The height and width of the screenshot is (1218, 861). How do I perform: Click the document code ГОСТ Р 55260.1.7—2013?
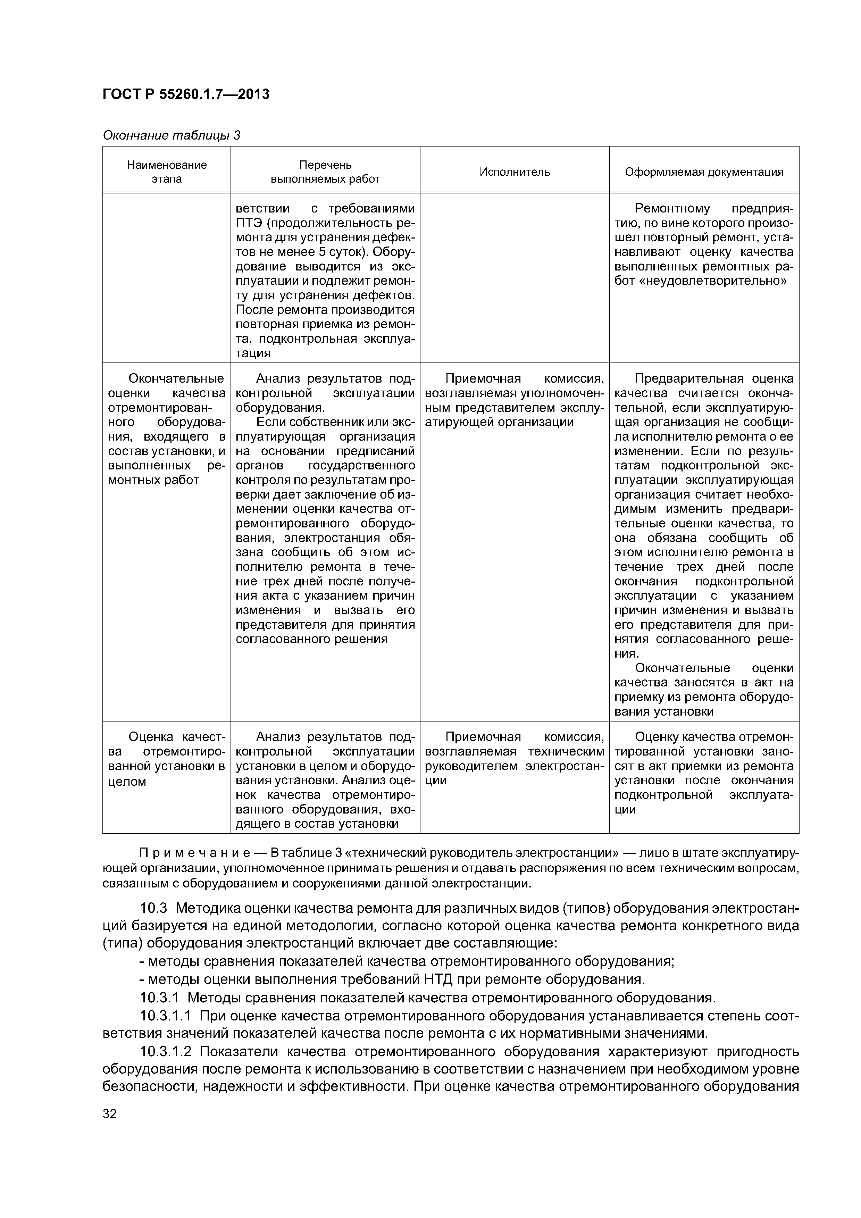(186, 94)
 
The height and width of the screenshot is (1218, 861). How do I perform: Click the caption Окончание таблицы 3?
(172, 136)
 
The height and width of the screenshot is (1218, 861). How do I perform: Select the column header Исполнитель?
(515, 172)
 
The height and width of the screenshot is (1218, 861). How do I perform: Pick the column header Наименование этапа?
(167, 172)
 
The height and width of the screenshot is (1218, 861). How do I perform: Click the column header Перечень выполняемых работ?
(325, 172)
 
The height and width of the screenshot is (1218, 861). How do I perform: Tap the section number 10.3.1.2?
(168, 1051)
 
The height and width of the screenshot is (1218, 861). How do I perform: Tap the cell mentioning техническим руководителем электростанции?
(514, 759)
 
